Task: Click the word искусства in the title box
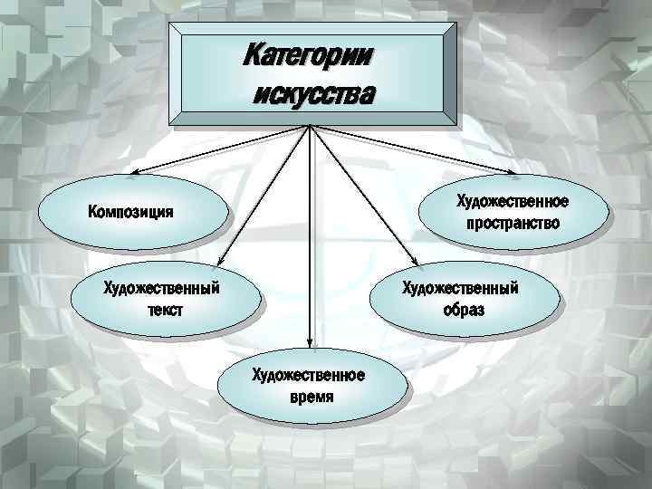pos(313,93)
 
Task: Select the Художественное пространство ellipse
pos(513,211)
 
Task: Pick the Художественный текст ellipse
pos(163,299)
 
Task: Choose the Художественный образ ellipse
pos(461,299)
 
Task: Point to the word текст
pos(163,310)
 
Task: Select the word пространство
pos(513,222)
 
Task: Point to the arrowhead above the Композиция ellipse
pos(133,173)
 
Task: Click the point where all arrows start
pos(311,124)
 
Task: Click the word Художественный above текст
pos(163,289)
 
